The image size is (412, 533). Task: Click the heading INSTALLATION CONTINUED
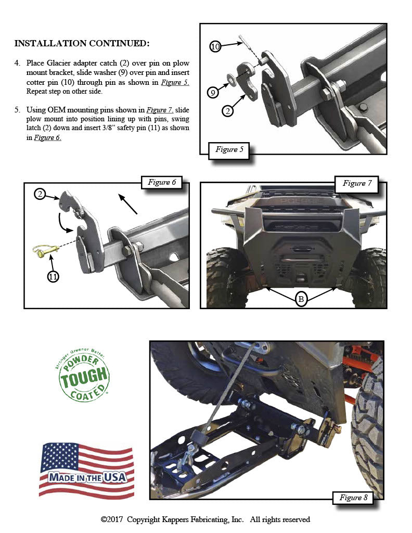(82, 43)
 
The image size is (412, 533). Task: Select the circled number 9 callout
(212, 93)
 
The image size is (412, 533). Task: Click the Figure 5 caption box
(229, 150)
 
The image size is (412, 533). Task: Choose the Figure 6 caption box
(162, 183)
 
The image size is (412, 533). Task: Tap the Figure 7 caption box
(357, 183)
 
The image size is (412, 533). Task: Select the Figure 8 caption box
(353, 498)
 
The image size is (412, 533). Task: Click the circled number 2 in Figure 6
(40, 194)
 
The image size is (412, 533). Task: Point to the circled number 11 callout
(53, 276)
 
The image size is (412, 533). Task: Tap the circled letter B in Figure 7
(301, 299)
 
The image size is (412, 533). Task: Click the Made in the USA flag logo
(86, 469)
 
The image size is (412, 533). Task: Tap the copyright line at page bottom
(205, 519)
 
